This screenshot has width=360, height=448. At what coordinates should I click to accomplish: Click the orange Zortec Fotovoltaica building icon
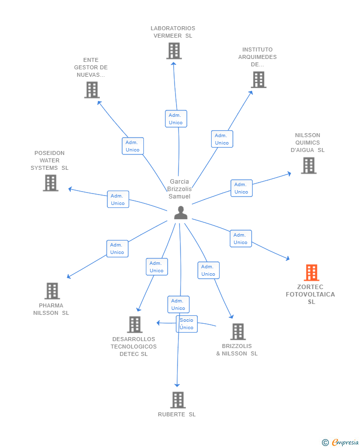(312, 273)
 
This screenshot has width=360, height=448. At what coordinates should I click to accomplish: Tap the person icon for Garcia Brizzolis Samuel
(180, 212)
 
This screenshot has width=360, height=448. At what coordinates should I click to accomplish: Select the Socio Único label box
(187, 324)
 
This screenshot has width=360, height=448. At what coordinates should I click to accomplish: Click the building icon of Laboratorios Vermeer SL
(174, 51)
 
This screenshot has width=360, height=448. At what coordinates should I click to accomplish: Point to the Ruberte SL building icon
(178, 400)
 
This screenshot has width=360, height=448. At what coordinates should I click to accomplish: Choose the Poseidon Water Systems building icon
(50, 183)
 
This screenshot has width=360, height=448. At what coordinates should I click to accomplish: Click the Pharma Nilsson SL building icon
(52, 291)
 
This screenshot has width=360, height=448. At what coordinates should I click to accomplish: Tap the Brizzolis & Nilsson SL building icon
(238, 332)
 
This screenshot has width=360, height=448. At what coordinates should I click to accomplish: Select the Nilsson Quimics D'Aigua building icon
(309, 165)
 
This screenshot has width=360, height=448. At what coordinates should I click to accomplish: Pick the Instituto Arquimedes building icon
(259, 79)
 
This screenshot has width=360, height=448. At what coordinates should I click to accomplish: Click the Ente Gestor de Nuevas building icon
(92, 90)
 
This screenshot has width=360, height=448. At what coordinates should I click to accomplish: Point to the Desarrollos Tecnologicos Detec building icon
(135, 325)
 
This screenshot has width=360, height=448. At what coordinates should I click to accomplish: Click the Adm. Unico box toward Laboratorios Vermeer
(176, 119)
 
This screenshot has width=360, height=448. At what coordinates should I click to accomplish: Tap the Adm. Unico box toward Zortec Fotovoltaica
(241, 239)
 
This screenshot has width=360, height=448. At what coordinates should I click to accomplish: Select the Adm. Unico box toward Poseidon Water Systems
(118, 199)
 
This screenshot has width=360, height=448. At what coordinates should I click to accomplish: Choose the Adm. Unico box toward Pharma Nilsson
(117, 249)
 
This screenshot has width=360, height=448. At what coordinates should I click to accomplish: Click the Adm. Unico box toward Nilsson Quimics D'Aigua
(241, 188)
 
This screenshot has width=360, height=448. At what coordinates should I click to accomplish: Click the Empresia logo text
(345, 442)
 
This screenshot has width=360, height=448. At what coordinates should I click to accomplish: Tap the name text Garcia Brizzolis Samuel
(180, 189)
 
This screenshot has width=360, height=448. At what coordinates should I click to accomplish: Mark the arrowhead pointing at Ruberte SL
(177, 385)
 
